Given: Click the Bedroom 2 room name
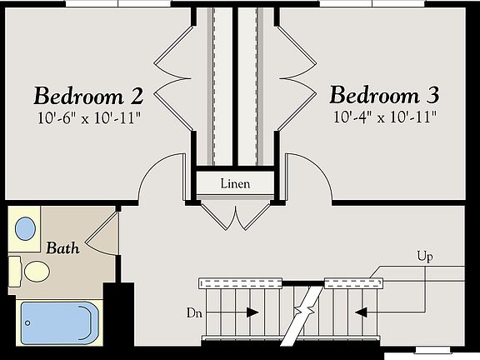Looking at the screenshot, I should [88, 93].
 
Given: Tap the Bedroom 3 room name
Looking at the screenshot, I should [384, 93].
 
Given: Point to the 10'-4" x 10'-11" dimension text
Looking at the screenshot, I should [384, 117].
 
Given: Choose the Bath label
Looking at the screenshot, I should [62, 247].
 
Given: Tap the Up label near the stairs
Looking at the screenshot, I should [424, 257].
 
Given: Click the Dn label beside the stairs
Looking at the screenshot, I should [195, 312].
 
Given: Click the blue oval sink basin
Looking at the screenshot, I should [26, 227].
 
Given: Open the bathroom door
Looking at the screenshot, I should [102, 231].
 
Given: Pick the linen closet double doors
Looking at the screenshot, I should [239, 217].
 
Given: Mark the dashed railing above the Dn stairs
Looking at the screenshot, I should [241, 283].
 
